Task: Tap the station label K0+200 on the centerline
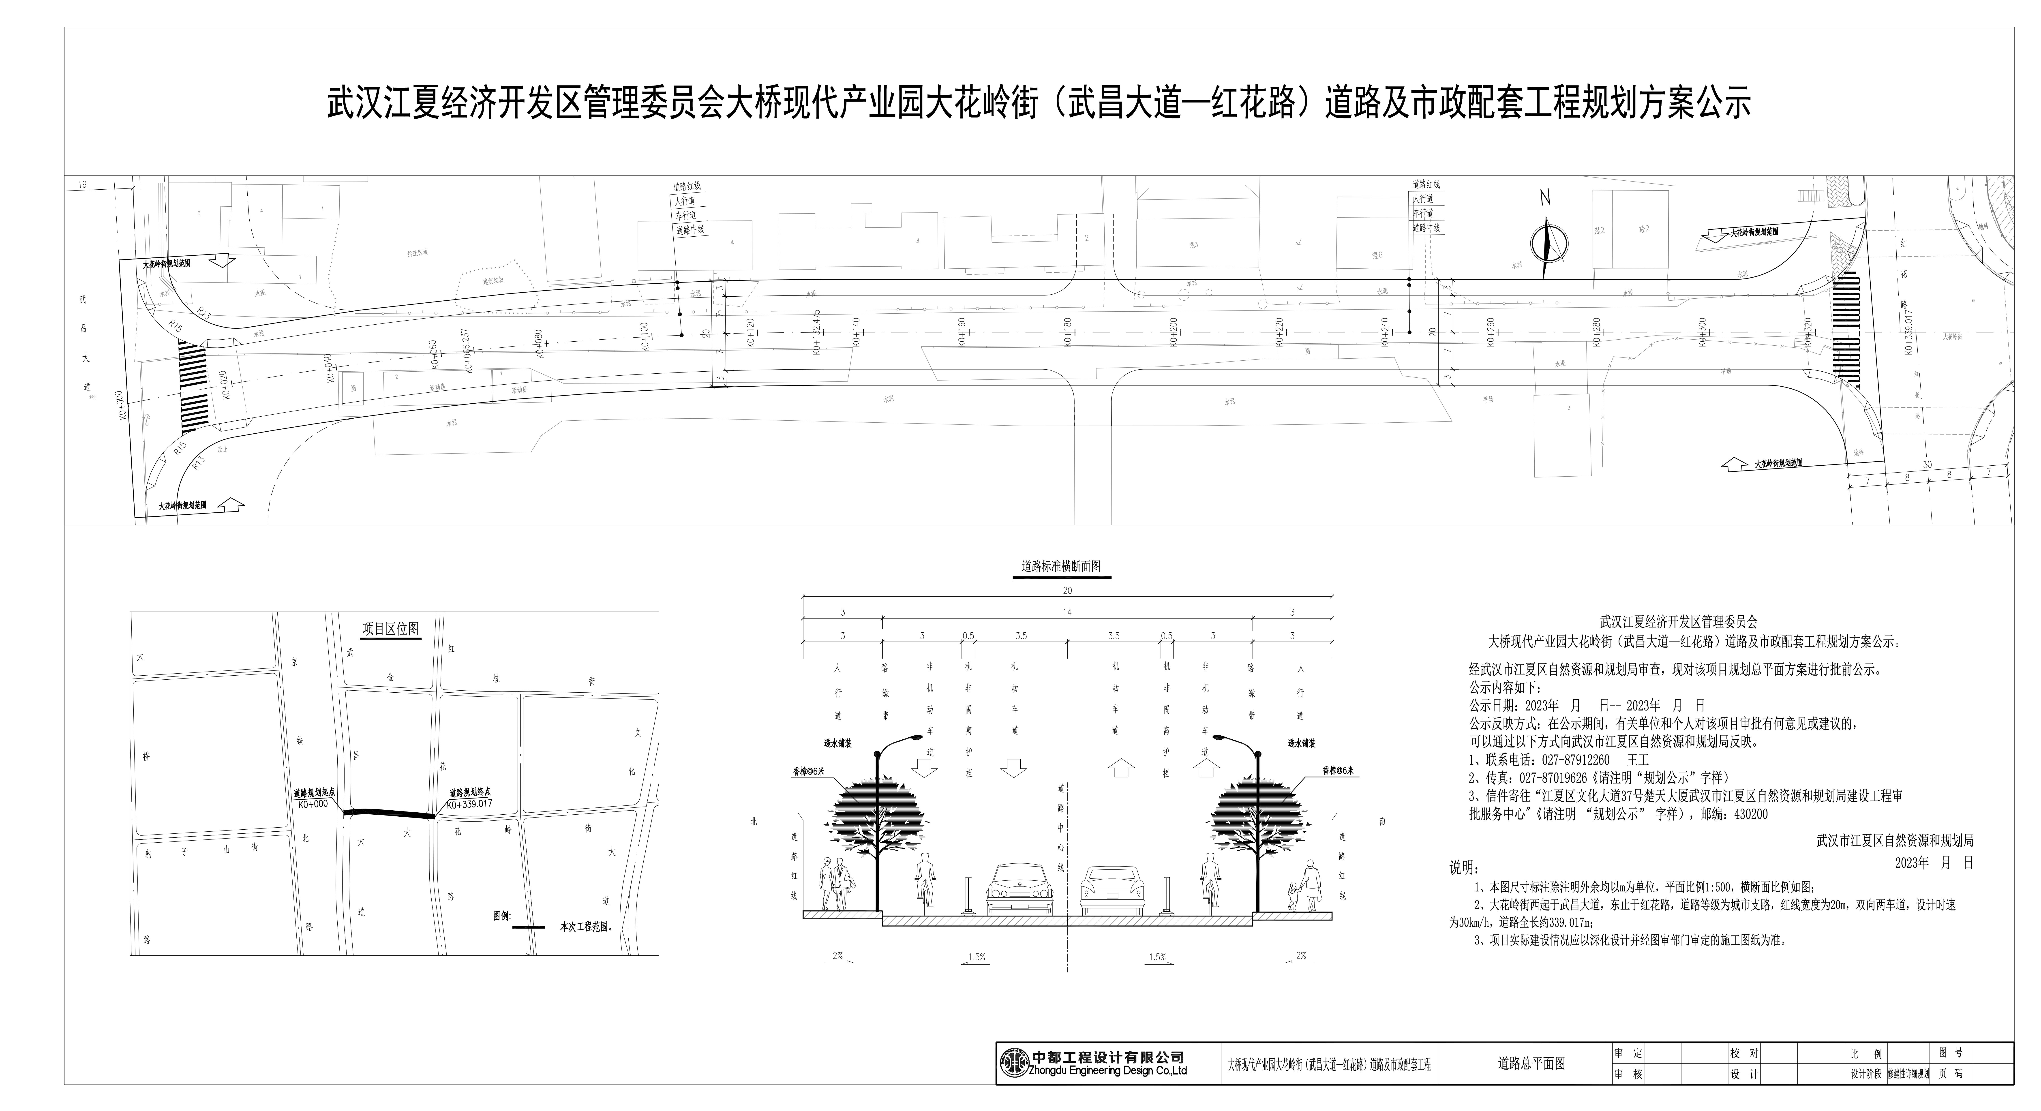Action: point(1174,333)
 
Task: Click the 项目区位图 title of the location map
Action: point(391,629)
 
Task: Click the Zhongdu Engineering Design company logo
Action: point(1014,1063)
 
